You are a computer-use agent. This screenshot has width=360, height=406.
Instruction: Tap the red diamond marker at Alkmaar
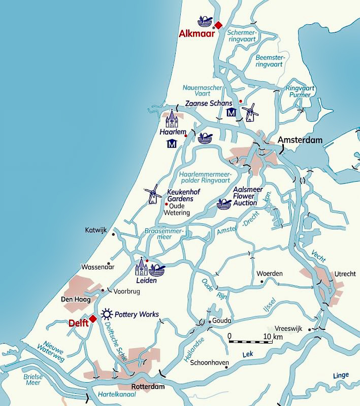218,25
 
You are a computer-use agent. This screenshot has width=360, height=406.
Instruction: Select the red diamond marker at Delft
93,319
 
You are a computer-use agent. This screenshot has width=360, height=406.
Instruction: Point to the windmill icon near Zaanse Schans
250,113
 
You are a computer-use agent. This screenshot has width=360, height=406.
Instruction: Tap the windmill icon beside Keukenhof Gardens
152,194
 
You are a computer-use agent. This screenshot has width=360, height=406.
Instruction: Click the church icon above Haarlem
172,119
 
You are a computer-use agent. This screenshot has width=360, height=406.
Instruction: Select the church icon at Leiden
141,267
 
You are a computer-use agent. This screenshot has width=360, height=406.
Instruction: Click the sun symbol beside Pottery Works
107,314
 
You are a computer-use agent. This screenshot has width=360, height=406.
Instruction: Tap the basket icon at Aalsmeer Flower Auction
224,204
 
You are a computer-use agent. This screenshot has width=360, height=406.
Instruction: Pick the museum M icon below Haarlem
171,145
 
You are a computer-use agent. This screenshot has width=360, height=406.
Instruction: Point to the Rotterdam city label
148,387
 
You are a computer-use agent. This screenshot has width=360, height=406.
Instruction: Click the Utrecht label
345,274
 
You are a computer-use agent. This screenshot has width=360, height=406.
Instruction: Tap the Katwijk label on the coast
96,230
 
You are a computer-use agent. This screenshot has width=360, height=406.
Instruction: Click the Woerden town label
269,273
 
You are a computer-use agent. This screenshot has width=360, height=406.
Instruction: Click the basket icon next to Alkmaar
205,21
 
